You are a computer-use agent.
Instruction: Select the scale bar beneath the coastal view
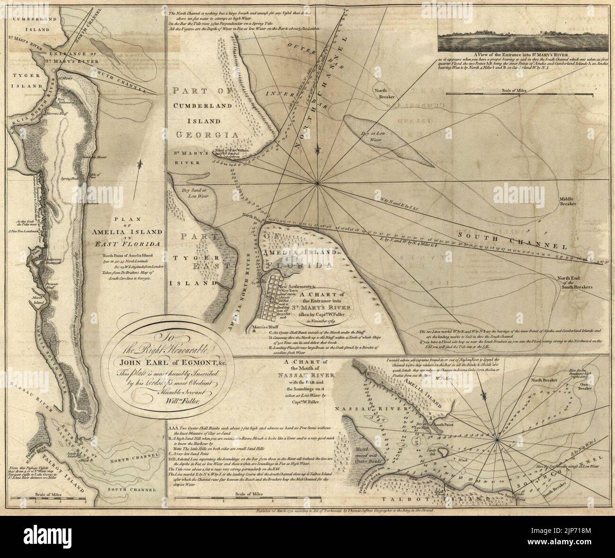pyautogui.click(x=519, y=96)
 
